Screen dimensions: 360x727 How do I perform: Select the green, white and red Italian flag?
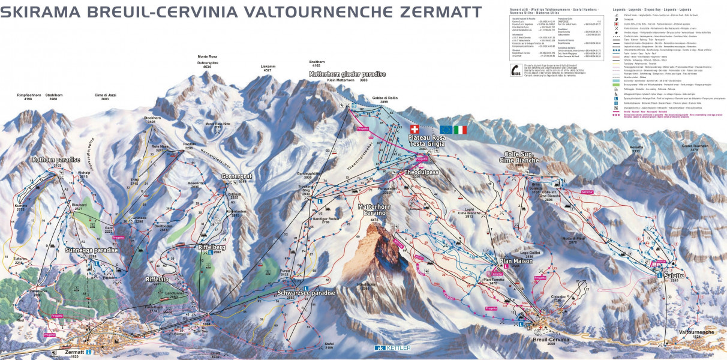461,130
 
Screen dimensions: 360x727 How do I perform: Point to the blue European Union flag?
446,130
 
